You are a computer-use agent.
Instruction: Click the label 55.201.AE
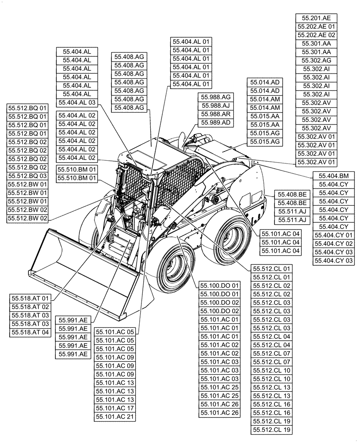point(316,18)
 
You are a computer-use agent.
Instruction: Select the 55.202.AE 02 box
point(316,35)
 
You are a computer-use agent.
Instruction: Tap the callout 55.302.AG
point(316,60)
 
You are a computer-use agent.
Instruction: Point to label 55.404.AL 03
point(77,102)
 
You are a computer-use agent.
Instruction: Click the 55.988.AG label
point(216,97)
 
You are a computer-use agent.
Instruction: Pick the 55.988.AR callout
point(216,114)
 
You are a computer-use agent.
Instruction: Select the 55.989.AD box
point(216,122)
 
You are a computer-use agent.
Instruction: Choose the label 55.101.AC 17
point(114,408)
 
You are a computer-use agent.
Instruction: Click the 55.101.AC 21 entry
point(114,416)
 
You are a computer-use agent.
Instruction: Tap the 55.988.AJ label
point(216,105)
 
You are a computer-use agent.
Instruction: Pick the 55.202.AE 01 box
point(316,27)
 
